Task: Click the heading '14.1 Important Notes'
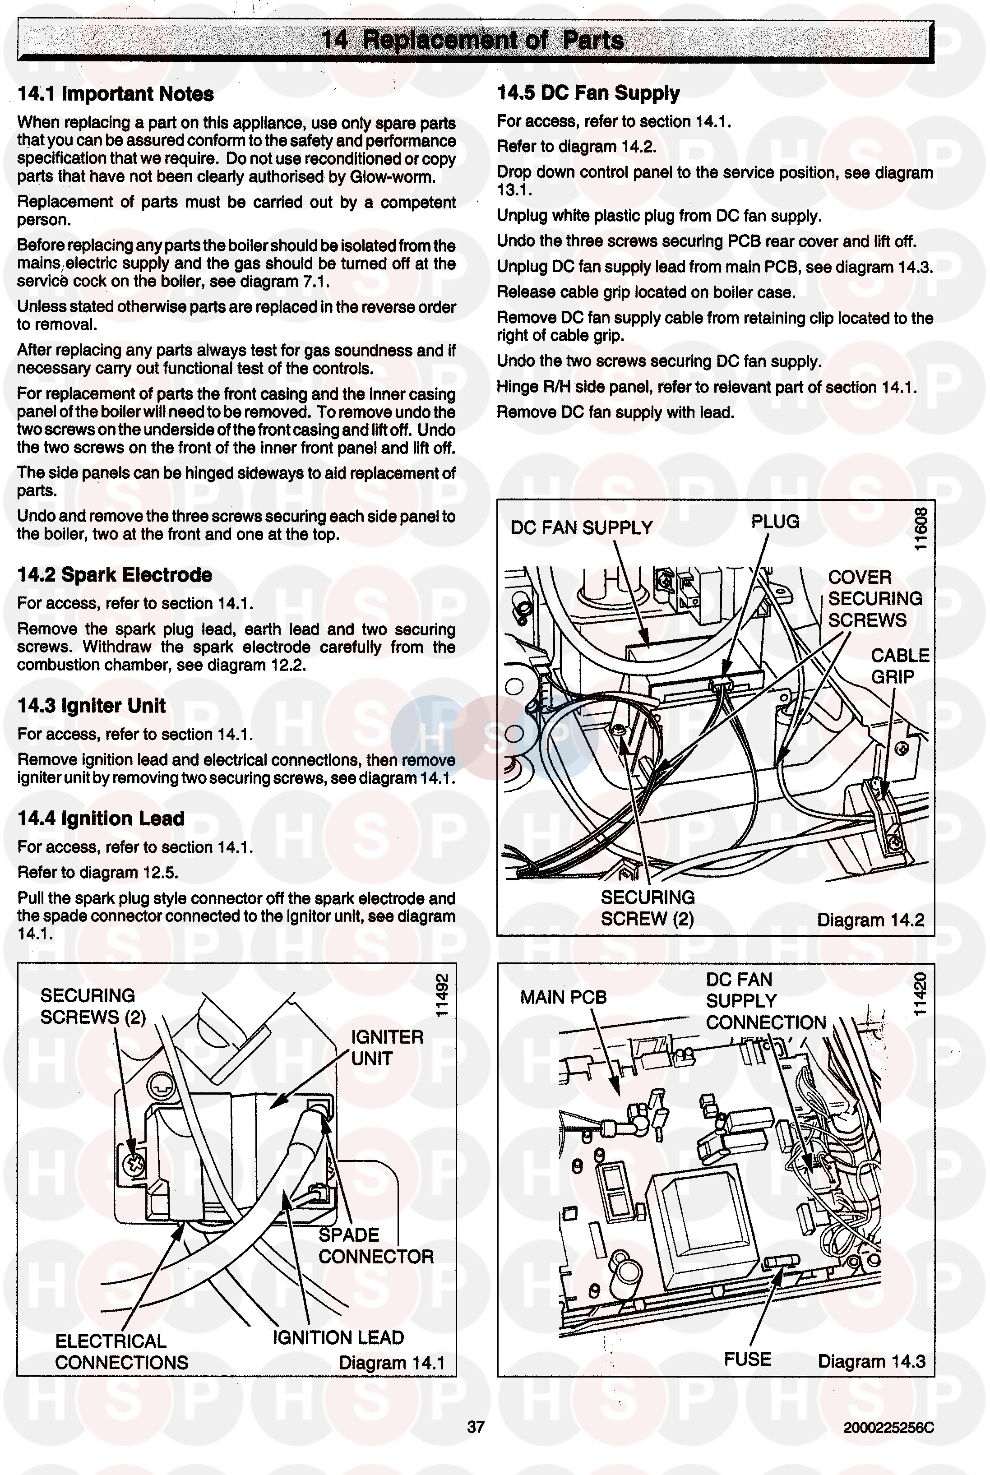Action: click(x=116, y=94)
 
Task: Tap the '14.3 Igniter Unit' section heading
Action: click(x=92, y=706)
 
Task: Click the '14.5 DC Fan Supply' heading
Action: click(x=588, y=93)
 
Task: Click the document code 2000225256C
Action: click(x=888, y=1428)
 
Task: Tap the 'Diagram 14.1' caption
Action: click(x=392, y=1363)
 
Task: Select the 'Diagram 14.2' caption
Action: click(x=870, y=920)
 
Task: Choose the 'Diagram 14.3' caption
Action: click(x=871, y=1361)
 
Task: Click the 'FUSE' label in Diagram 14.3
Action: click(x=748, y=1359)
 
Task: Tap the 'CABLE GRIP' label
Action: click(x=899, y=666)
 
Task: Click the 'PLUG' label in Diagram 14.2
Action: click(x=775, y=522)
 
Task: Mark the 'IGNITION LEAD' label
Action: click(x=338, y=1337)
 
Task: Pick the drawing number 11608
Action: click(x=921, y=528)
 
